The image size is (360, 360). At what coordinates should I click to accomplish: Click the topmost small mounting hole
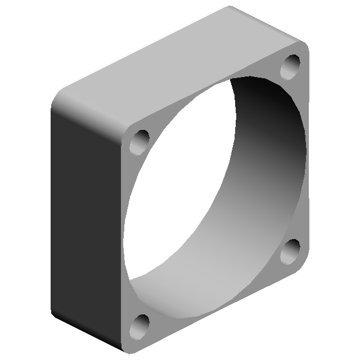point(292,66)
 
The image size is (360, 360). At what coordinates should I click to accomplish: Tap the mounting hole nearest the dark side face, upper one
point(140,141)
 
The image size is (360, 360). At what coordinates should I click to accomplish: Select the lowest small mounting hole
point(140,325)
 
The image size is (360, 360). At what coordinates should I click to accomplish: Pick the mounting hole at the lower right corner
point(292,250)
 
